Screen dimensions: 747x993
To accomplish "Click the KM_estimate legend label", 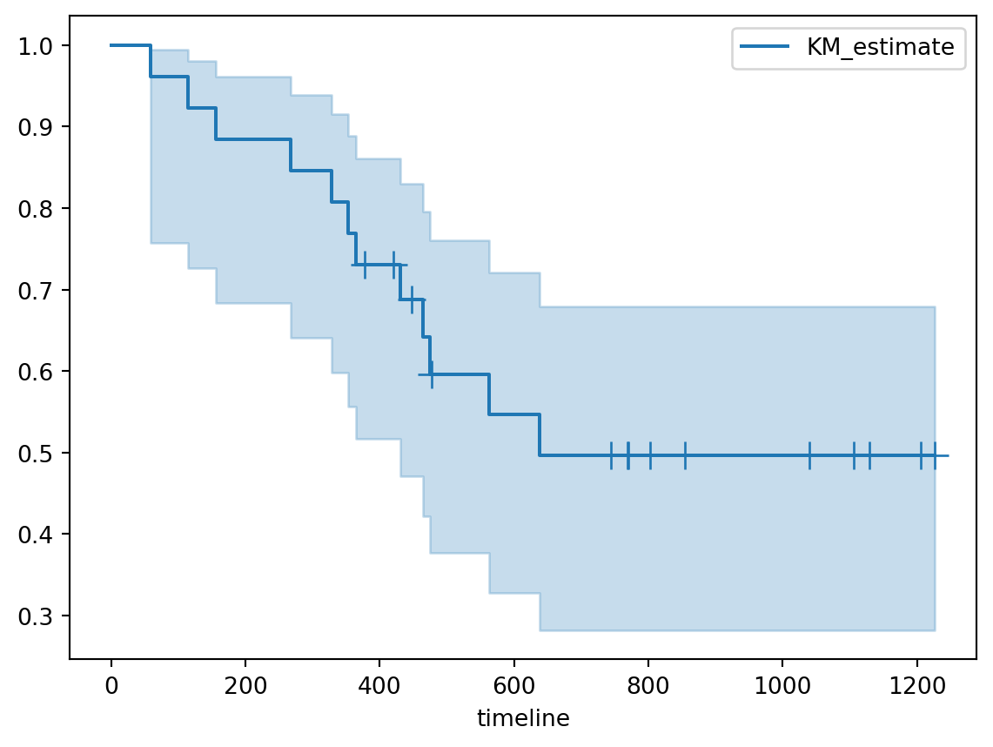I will pos(881,47).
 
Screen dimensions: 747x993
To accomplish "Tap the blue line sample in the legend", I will pos(759,47).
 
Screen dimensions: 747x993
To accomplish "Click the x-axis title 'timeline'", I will pos(523,718).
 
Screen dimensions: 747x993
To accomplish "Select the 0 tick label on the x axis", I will pos(111,683).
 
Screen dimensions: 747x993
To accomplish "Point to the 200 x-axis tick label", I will pos(245,683).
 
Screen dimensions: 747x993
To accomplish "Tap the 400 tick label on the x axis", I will pos(379,683).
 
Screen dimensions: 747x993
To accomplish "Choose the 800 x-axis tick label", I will pos(648,683).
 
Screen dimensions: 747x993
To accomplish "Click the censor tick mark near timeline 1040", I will pos(809,455).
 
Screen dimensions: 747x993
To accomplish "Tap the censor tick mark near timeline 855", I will pos(685,455).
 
